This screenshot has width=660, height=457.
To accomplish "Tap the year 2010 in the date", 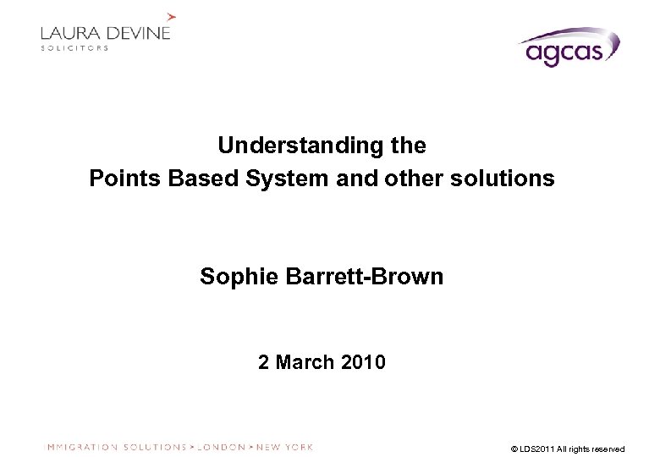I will [364, 363].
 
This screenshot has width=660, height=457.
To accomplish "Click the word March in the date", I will [305, 363].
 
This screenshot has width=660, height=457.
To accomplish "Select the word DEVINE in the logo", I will [139, 34].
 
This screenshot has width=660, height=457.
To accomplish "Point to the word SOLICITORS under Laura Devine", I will [74, 48].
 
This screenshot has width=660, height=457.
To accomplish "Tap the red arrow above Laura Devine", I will [172, 15].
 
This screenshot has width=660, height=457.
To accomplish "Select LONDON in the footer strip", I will [221, 447].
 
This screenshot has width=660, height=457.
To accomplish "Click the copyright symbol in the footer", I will [514, 449].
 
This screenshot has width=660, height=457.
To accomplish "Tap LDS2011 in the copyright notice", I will [537, 449].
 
